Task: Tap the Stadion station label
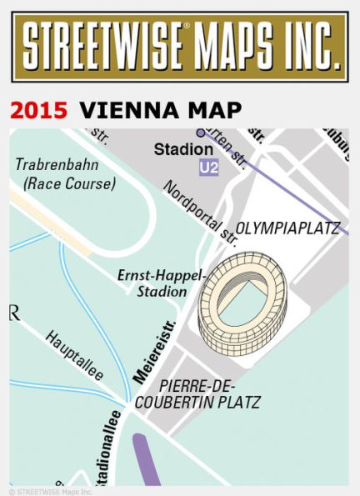coord(183,150)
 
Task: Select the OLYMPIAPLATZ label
coord(289,228)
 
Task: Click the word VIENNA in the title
coord(132,111)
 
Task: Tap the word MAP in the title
coord(216,111)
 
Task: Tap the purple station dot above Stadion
coord(200,133)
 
